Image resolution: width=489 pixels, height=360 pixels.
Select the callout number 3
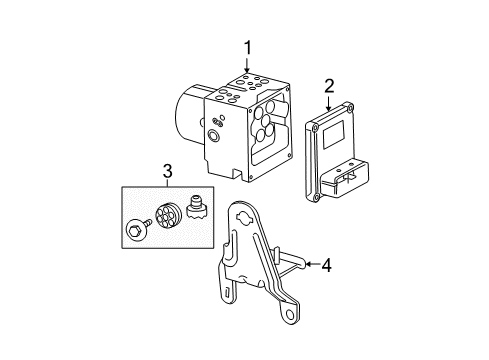(168, 171)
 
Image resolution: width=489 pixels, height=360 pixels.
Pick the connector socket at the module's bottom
(350, 180)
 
